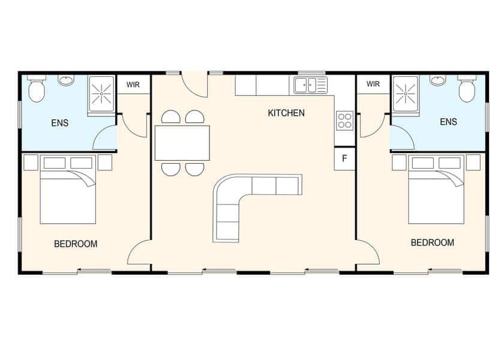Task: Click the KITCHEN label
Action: tap(286, 113)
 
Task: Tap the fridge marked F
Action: tap(344, 159)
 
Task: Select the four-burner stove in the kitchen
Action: tap(344, 121)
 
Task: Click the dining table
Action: tap(182, 143)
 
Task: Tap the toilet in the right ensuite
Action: tap(467, 89)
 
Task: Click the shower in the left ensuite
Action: tap(102, 94)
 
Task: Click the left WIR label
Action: tap(133, 85)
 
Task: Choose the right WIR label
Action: tap(373, 84)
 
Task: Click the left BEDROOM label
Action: tap(76, 244)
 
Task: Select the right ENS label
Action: tap(448, 122)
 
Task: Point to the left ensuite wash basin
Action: tap(67, 80)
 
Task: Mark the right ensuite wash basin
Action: tap(438, 80)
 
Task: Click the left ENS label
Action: tap(60, 123)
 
